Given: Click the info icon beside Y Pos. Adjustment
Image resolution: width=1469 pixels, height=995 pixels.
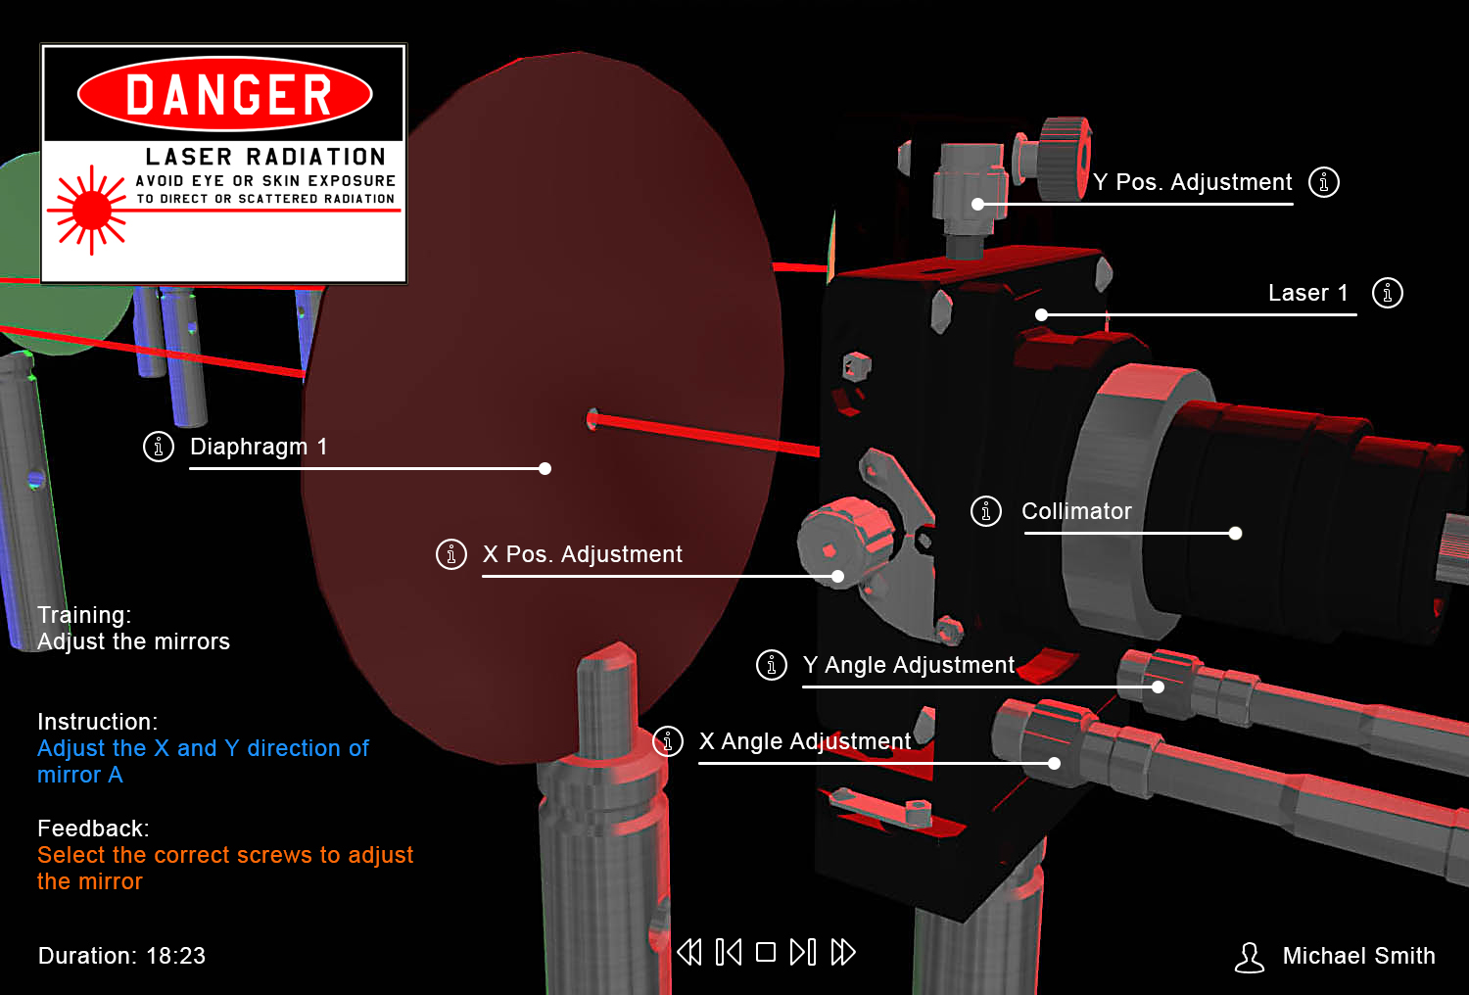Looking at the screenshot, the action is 1323,182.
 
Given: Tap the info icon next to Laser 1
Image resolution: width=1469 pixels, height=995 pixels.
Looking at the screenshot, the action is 1387,293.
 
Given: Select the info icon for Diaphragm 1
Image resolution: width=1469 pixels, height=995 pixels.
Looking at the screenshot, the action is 158,448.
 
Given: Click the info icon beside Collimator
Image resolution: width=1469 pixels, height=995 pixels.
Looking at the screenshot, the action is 985,511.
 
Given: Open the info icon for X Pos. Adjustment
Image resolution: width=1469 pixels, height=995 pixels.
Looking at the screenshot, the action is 451,555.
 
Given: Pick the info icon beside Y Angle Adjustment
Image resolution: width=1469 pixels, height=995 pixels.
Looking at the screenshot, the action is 772,665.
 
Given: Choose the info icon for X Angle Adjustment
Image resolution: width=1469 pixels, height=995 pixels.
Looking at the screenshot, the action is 668,741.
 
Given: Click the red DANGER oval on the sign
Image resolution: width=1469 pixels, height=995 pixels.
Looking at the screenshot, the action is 225,94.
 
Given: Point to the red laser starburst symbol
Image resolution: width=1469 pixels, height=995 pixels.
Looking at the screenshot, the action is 90,210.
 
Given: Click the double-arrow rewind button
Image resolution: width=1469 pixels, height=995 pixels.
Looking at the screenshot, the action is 689,952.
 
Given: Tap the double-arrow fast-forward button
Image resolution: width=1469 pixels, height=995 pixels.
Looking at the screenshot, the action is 843,952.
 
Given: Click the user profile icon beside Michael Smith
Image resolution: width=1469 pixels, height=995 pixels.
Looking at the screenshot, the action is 1250,958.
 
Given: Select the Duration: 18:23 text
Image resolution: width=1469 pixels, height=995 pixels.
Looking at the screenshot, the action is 121,956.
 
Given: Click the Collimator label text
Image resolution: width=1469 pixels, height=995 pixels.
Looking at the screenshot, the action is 1076,511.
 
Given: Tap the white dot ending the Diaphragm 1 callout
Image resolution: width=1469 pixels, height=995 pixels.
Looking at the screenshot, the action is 545,468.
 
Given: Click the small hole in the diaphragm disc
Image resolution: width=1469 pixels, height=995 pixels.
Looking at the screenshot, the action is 592,420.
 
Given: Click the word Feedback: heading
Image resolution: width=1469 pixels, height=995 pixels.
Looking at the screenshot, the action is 93,829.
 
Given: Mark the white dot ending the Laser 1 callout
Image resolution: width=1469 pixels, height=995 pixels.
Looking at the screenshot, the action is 1041,314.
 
